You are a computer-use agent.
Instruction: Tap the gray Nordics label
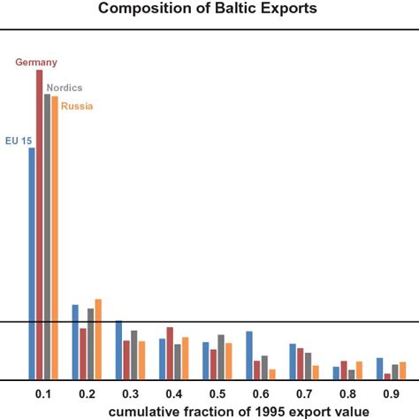pyautogui.click(x=64, y=88)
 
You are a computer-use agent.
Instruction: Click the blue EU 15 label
pyautogui.click(x=19, y=140)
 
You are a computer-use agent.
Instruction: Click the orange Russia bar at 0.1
pyautogui.click(x=55, y=239)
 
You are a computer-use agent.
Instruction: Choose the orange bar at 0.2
pyautogui.click(x=98, y=339)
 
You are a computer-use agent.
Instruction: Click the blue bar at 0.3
pyautogui.click(x=119, y=350)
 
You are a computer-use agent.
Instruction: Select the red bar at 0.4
pyautogui.click(x=170, y=354)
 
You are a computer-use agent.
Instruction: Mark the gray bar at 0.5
pyautogui.click(x=221, y=357)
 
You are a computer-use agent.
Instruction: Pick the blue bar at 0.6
pyautogui.click(x=249, y=355)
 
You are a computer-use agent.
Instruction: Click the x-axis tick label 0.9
pyautogui.click(x=391, y=392)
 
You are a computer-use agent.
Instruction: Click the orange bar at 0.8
pyautogui.click(x=359, y=370)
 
